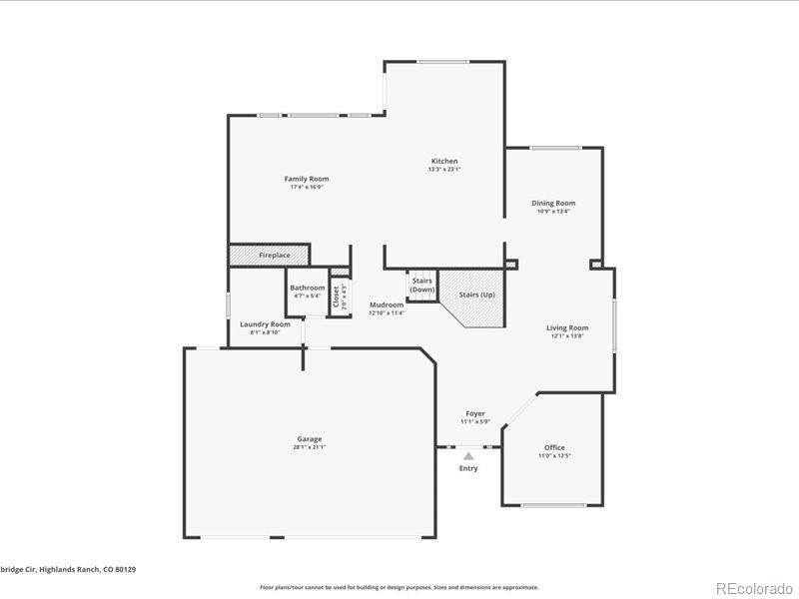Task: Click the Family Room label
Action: coord(306,179)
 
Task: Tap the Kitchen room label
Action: coord(444,161)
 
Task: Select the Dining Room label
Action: coord(553,203)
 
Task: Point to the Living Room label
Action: coord(566,327)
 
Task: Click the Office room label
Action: coord(554,447)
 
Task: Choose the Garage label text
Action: coord(309,438)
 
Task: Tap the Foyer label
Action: coord(475,413)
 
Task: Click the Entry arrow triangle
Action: coord(468,456)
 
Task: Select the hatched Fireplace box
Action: coord(269,256)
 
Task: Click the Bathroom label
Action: coord(308,288)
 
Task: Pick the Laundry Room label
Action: coord(265,324)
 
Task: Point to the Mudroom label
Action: coord(386,304)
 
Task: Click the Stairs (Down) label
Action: coord(421,285)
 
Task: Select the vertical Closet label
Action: coord(337,297)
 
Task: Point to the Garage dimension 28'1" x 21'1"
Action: coord(309,447)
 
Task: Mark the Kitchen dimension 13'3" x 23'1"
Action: coord(444,170)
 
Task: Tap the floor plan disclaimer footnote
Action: coord(399,587)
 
